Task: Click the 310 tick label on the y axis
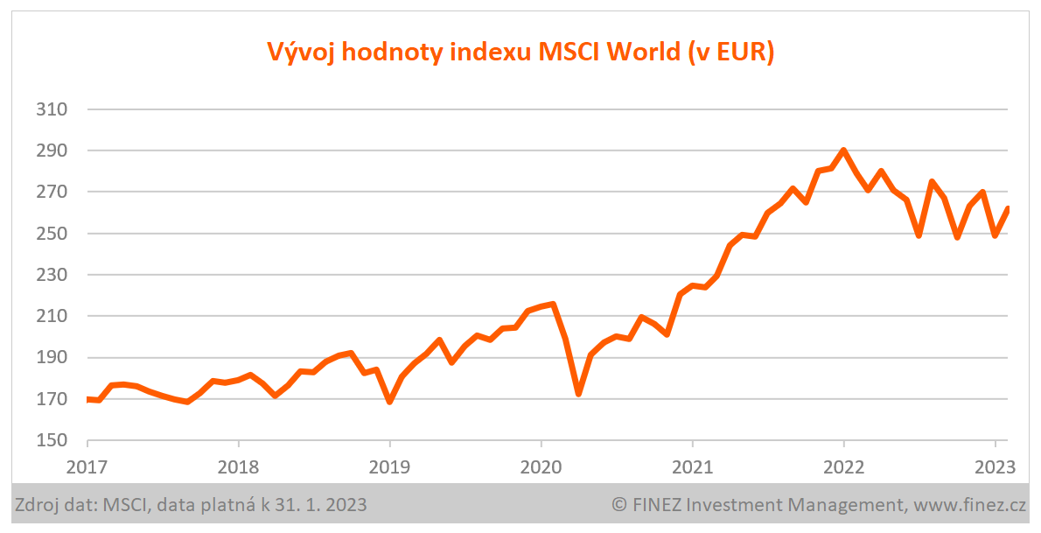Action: [52, 110]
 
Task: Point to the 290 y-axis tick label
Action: [52, 151]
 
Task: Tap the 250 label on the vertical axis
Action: [52, 235]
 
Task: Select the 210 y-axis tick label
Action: [52, 317]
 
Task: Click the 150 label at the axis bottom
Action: [52, 441]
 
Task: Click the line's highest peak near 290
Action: [843, 151]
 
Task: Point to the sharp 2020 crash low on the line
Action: [578, 394]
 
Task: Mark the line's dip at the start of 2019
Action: [389, 402]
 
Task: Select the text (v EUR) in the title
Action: [732, 53]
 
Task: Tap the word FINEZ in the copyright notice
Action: [655, 505]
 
